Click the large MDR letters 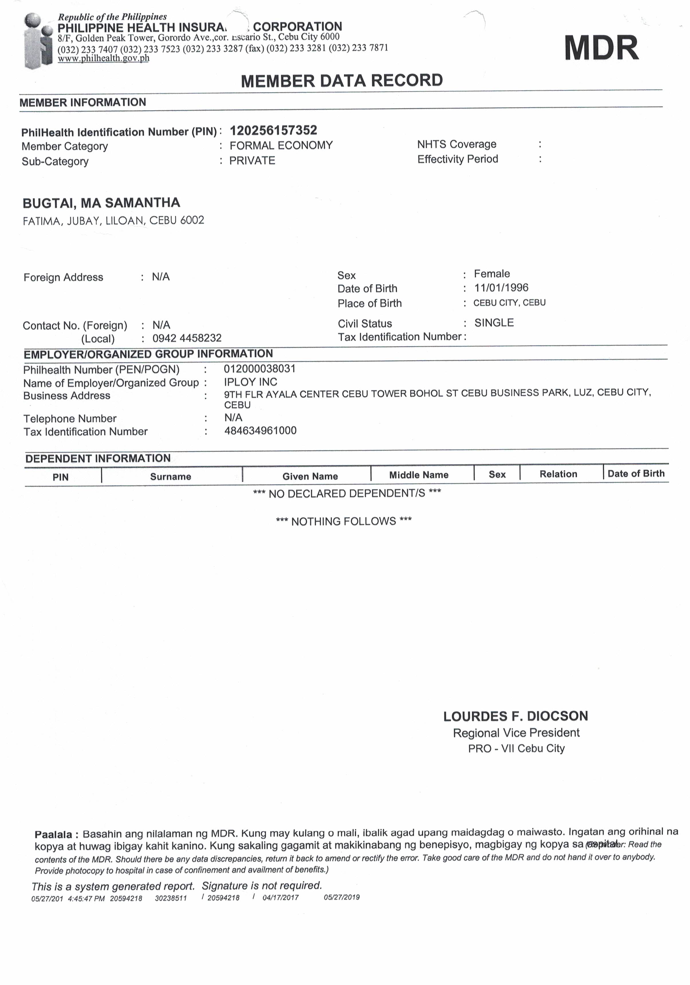click(x=601, y=48)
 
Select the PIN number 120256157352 click(x=273, y=130)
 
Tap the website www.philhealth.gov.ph click(x=103, y=58)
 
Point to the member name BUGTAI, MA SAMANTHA click(x=101, y=203)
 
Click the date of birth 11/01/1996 click(x=501, y=288)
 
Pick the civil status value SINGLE click(x=494, y=323)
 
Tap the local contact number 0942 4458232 click(x=187, y=338)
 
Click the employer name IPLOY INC click(x=250, y=382)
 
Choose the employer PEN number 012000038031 click(x=260, y=369)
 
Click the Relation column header click(x=558, y=474)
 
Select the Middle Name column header click(x=418, y=475)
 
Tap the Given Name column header click(x=310, y=476)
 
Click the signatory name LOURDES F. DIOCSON click(x=516, y=716)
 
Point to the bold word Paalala click(x=54, y=835)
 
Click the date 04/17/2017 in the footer click(x=280, y=898)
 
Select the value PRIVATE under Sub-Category click(x=252, y=160)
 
